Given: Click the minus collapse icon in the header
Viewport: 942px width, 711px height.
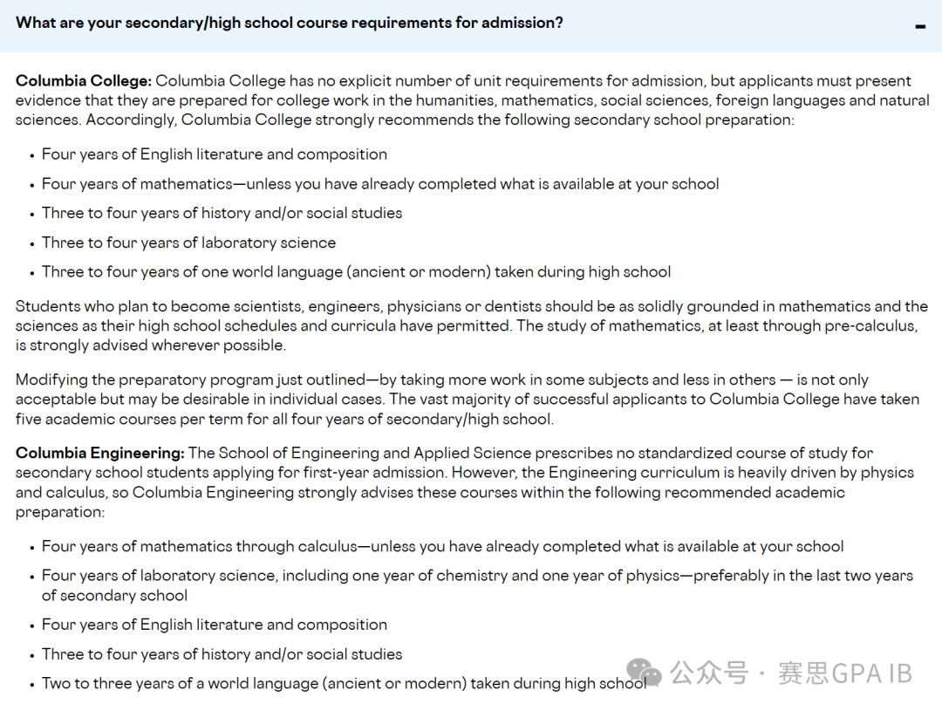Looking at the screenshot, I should coord(920,27).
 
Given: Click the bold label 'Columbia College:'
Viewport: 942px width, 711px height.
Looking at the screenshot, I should coord(83,81).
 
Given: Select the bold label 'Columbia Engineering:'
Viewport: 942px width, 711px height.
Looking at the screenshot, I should coord(99,453).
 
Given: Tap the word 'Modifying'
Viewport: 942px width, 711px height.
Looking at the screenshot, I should coord(51,379).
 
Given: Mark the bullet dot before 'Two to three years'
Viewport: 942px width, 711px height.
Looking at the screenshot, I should coord(33,684).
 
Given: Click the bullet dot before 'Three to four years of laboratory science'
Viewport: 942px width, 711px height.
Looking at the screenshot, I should coord(33,243).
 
